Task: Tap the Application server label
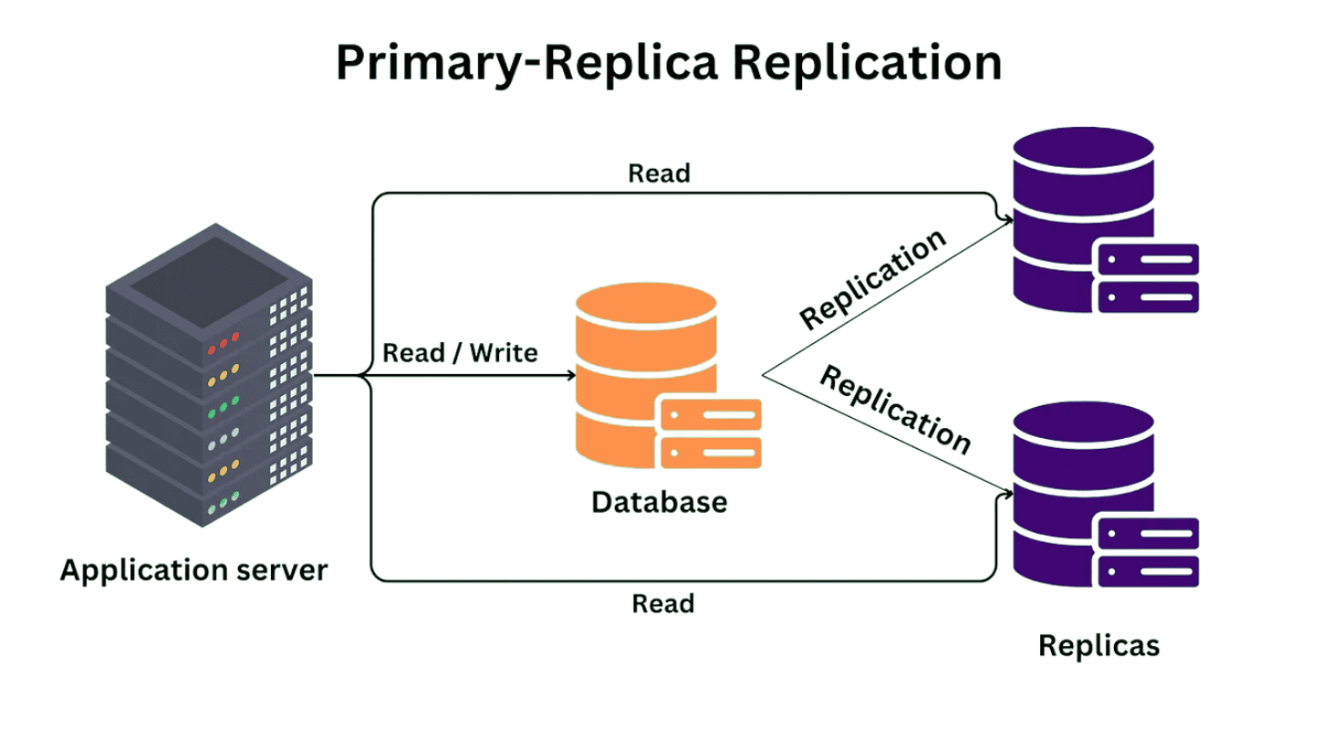click(x=193, y=570)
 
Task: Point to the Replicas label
click(x=1099, y=646)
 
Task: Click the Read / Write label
click(x=461, y=352)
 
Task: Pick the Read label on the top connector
click(x=660, y=172)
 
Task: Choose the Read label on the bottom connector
click(x=663, y=603)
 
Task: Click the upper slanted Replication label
click(x=872, y=278)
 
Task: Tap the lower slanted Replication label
click(x=895, y=410)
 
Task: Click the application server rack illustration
click(x=209, y=374)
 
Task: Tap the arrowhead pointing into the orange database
click(x=569, y=375)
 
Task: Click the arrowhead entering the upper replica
click(x=1007, y=219)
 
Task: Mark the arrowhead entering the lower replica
click(x=1007, y=494)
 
